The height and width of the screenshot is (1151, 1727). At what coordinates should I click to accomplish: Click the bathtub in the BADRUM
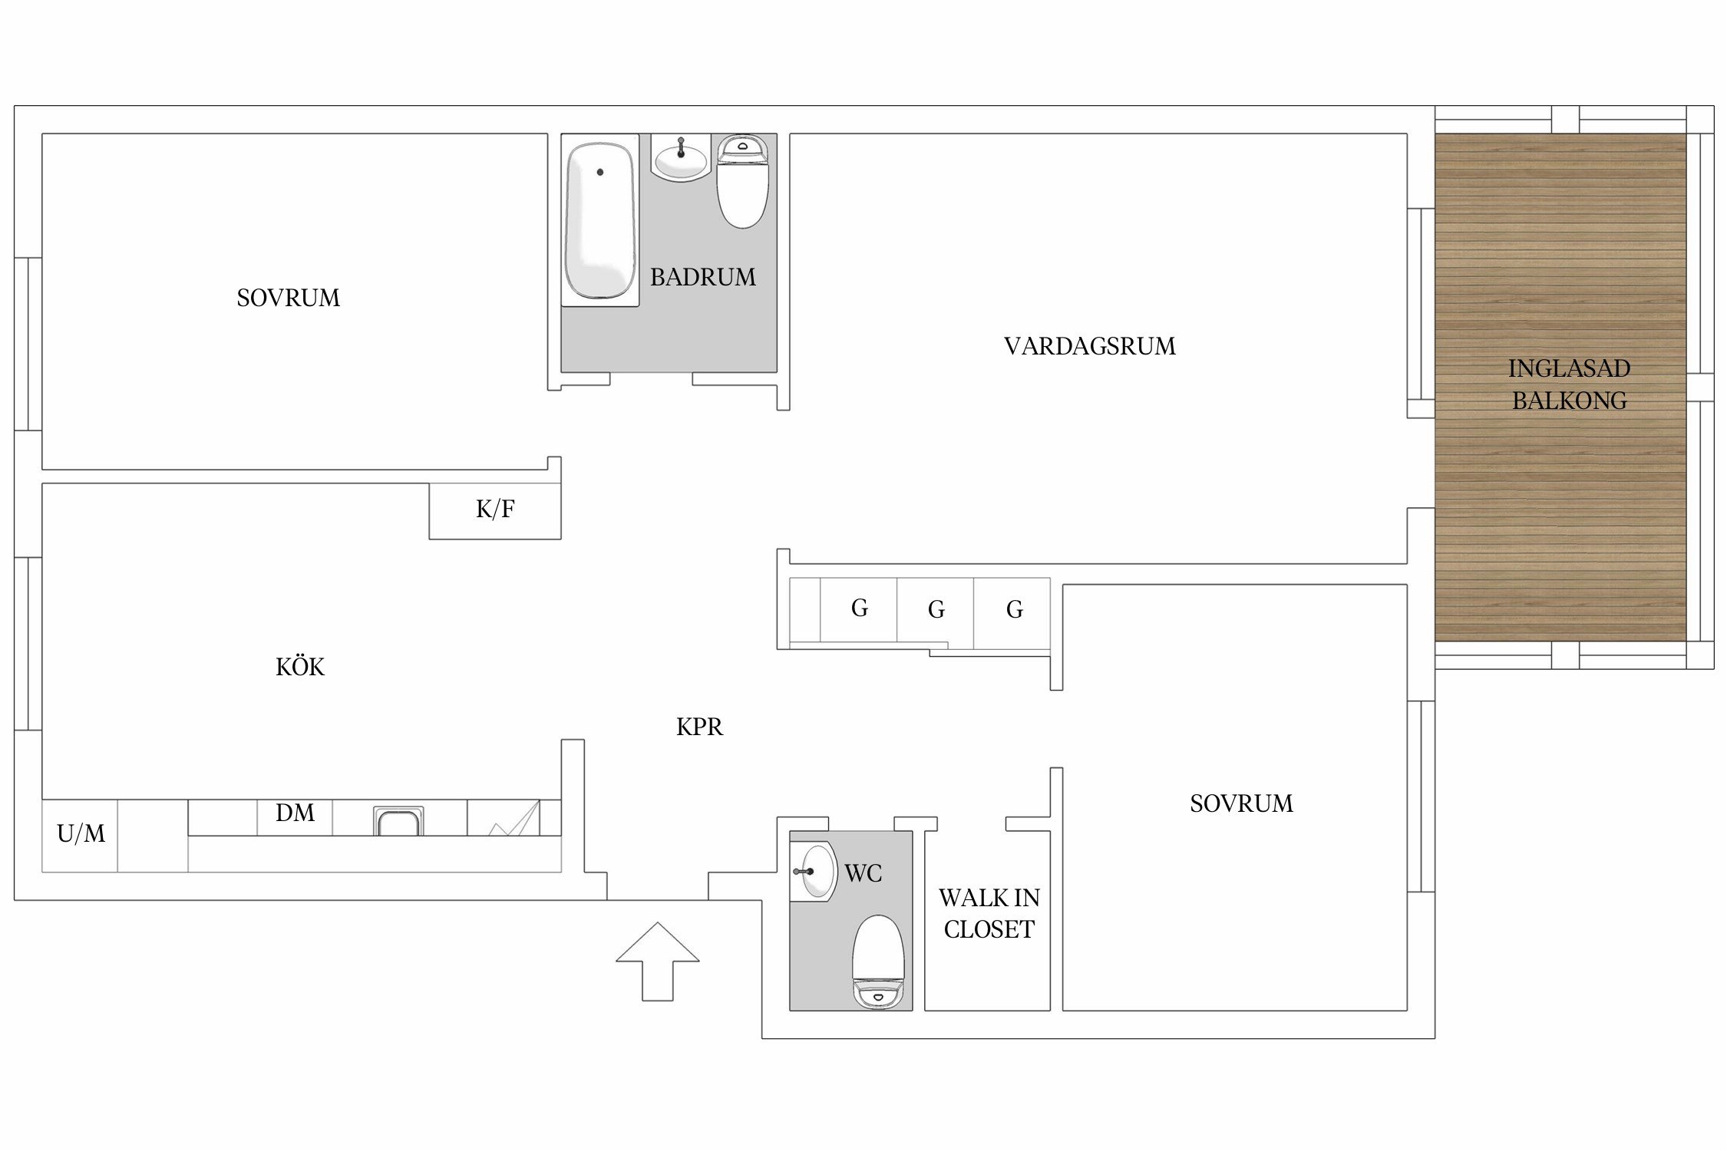coord(600,221)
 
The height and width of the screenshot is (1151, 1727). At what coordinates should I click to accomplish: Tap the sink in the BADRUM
coord(681,159)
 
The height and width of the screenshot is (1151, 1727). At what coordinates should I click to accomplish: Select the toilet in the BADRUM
coord(742,181)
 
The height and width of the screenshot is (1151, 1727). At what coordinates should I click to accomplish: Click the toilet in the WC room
coord(879,961)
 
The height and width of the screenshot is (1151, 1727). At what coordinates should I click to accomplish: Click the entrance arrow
coord(658,961)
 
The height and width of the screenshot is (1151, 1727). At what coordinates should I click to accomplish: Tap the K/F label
coord(495,509)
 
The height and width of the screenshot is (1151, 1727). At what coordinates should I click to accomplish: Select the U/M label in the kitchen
coord(81,833)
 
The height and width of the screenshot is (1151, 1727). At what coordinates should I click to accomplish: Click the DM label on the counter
coord(295,813)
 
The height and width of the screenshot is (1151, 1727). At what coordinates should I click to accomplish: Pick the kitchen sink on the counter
coord(398,820)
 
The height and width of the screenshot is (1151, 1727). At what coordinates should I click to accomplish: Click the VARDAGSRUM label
coord(1089,346)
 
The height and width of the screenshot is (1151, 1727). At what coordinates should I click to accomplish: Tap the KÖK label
coord(300,666)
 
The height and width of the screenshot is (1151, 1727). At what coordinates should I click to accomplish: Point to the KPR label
coord(699,727)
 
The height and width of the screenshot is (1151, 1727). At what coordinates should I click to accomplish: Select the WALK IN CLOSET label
coord(989,913)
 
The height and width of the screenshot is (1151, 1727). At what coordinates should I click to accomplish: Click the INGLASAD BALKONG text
coord(1569,384)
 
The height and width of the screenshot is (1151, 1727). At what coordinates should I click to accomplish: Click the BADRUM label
coord(702,277)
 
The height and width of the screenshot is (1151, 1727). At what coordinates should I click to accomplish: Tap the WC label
coord(863,873)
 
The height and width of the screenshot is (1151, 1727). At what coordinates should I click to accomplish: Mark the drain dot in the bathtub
coord(600,172)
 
